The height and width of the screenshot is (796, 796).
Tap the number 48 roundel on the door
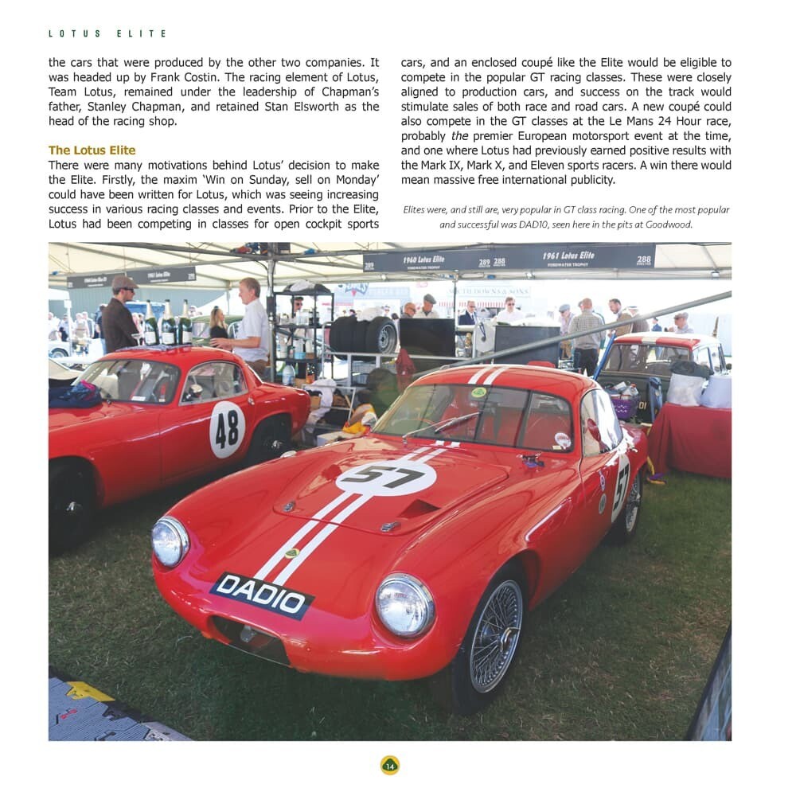point(227,429)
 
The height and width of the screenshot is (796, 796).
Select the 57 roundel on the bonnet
point(386,478)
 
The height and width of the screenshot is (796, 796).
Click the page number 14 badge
point(389,766)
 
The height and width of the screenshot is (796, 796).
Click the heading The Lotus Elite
point(92,150)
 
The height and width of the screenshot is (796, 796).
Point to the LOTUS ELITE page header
point(107,34)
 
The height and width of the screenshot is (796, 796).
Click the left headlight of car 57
point(170,541)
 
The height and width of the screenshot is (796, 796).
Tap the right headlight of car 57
point(404,605)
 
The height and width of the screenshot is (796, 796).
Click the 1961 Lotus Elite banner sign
point(569,257)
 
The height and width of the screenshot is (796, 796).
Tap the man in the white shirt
point(252,322)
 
